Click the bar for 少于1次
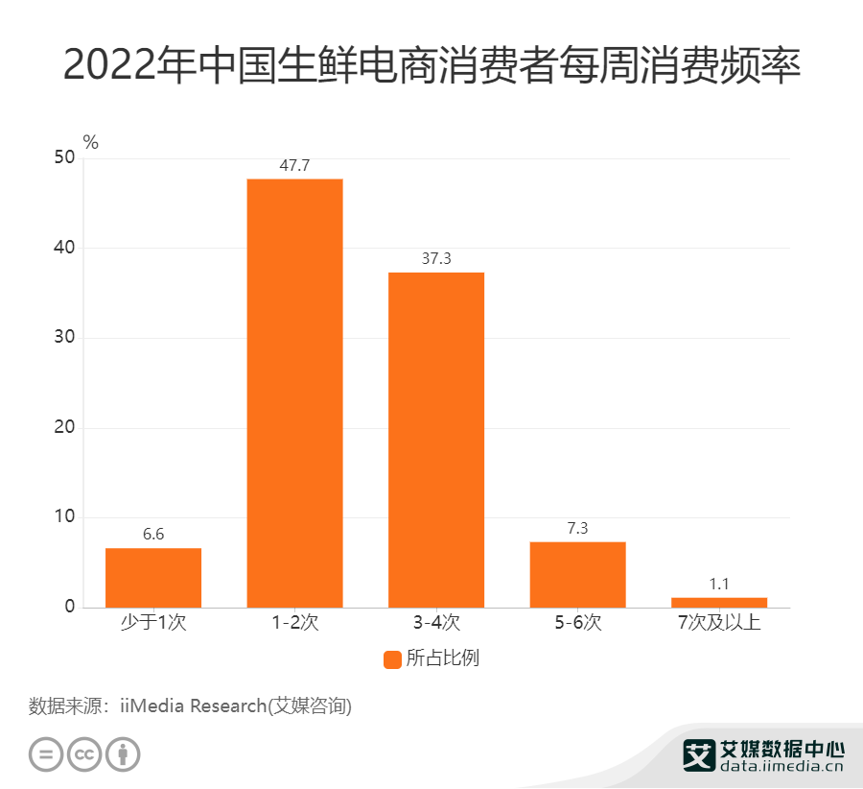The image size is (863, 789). click(153, 577)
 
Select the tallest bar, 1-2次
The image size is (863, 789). click(294, 393)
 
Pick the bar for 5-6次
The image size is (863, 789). click(577, 574)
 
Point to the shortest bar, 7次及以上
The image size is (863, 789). click(719, 602)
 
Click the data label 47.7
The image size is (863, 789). click(294, 166)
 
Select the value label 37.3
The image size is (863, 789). click(436, 259)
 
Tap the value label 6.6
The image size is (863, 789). click(153, 535)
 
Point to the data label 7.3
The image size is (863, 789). click(577, 529)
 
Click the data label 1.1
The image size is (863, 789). click(719, 584)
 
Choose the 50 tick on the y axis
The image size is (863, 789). click(64, 158)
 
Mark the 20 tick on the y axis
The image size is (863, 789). click(64, 427)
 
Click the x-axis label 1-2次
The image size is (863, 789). click(294, 623)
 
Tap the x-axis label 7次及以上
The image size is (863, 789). click(719, 623)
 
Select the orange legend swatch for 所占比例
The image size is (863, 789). click(392, 659)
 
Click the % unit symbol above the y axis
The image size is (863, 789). click(91, 143)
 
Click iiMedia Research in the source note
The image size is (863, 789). click(192, 707)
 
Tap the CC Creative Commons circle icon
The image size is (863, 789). click(84, 753)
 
